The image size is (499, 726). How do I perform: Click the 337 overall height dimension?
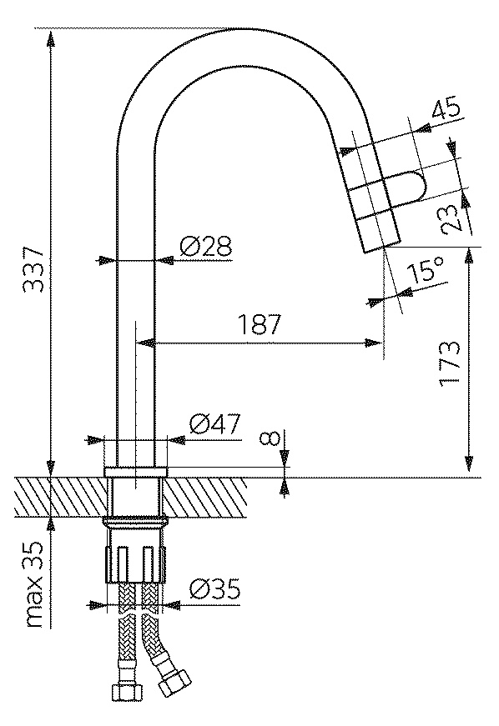[33, 269]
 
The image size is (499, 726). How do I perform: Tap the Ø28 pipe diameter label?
[206, 247]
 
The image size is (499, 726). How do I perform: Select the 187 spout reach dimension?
[260, 325]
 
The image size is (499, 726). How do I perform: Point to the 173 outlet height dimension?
[450, 364]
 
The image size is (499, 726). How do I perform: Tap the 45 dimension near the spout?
[446, 108]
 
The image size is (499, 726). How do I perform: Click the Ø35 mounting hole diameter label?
[214, 590]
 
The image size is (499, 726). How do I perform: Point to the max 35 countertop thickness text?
[35, 585]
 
